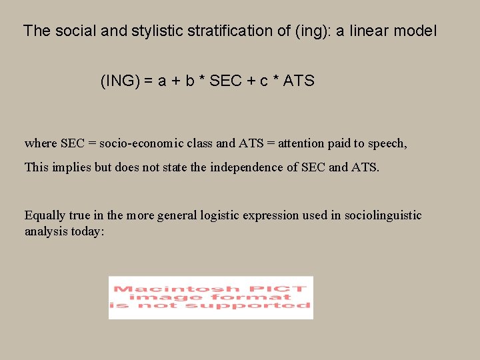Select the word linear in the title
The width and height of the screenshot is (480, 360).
click(371, 31)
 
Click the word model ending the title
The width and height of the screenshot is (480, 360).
click(417, 31)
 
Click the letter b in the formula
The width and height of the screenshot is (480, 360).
click(190, 81)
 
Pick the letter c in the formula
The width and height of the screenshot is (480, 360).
click(264, 81)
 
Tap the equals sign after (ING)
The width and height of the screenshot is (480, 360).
click(149, 81)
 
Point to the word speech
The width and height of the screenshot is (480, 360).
click(387, 143)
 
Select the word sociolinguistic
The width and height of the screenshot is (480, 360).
click(383, 215)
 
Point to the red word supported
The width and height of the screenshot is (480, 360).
click(257, 305)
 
